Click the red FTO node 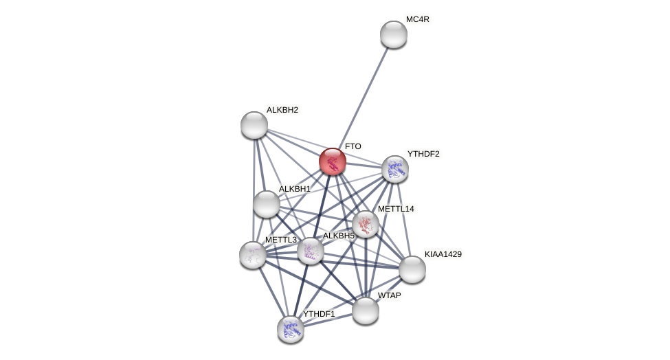pos(333,161)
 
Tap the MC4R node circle pos(394,34)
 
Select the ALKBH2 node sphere pos(254,125)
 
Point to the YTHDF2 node pos(395,168)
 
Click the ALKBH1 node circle pos(267,204)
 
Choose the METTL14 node pos(366,224)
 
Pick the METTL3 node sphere pos(253,255)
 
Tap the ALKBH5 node pos(311,251)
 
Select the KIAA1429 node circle pos(412,269)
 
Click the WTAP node pos(366,311)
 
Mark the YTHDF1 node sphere pos(291,329)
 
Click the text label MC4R pos(417,19)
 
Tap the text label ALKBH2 pos(282,110)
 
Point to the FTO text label pos(353,146)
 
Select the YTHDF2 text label pos(423,154)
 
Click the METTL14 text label pos(396,209)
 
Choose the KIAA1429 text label pos(443,254)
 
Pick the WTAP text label pos(389,295)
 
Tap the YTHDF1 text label pos(319,314)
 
